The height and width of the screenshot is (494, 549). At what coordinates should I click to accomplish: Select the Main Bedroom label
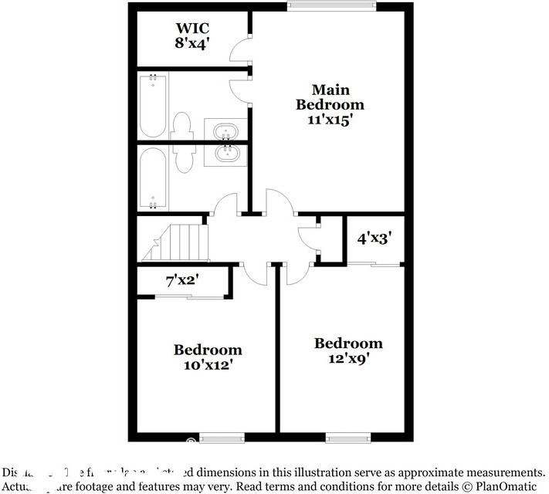(x=330, y=97)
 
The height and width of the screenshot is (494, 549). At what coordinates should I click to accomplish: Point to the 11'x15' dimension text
(x=330, y=120)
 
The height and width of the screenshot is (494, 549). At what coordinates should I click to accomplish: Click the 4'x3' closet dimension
(x=374, y=239)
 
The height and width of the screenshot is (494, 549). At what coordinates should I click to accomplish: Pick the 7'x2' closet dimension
(x=182, y=281)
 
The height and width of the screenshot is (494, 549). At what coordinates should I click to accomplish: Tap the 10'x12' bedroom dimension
(x=207, y=365)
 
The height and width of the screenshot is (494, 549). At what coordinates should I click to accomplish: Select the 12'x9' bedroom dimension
(x=347, y=359)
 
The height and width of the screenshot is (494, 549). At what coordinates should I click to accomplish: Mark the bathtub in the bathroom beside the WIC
(x=153, y=105)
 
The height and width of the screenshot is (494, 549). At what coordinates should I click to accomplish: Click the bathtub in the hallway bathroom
(x=153, y=178)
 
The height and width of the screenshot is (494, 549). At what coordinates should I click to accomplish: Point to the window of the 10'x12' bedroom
(x=222, y=438)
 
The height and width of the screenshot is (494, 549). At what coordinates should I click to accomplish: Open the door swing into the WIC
(x=241, y=52)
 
